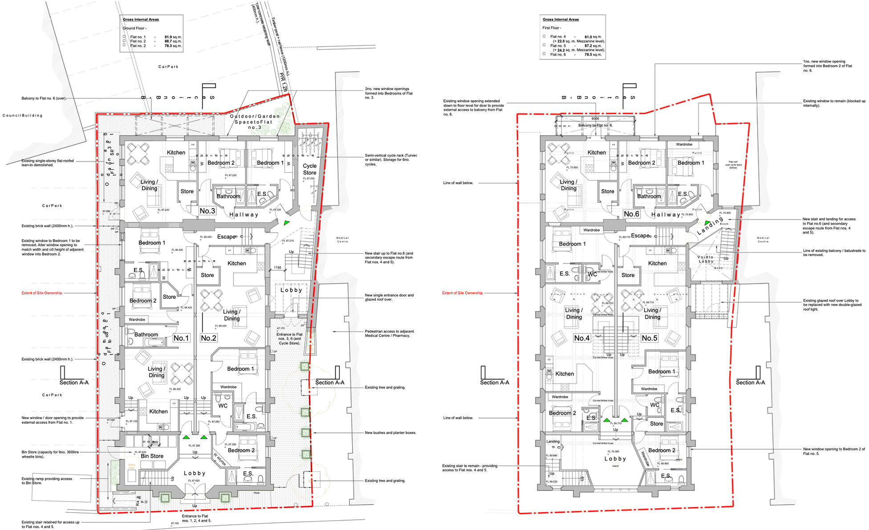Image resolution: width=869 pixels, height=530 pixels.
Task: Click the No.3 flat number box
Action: [207, 211]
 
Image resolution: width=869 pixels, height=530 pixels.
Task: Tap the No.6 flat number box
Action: [631, 214]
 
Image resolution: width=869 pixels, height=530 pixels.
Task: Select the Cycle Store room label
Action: [309, 169]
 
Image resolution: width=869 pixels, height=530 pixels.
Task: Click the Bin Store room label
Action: [152, 456]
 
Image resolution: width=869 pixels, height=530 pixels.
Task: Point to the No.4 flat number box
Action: [582, 338]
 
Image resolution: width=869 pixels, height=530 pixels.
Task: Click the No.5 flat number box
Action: [650, 338]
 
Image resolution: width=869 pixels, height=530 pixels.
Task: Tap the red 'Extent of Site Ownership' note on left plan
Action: [42, 293]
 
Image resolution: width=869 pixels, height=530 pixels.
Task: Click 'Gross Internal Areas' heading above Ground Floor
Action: [141, 20]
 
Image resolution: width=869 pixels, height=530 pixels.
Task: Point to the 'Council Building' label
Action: [23, 115]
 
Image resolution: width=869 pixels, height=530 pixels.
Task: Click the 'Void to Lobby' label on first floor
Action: [705, 259]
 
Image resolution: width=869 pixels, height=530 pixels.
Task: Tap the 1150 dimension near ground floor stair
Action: [277, 268]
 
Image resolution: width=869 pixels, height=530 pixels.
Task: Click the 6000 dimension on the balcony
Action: [595, 118]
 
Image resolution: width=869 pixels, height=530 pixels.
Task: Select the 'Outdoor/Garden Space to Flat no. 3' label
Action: [255, 122]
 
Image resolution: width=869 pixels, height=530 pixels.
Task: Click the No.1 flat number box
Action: [181, 338]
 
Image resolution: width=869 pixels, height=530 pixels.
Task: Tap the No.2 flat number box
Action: [208, 338]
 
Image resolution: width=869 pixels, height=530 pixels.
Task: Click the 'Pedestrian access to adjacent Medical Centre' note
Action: [389, 333]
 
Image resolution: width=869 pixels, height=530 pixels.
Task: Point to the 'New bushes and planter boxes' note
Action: [390, 432]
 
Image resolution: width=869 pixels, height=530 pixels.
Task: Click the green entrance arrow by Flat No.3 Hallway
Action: [287, 223]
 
